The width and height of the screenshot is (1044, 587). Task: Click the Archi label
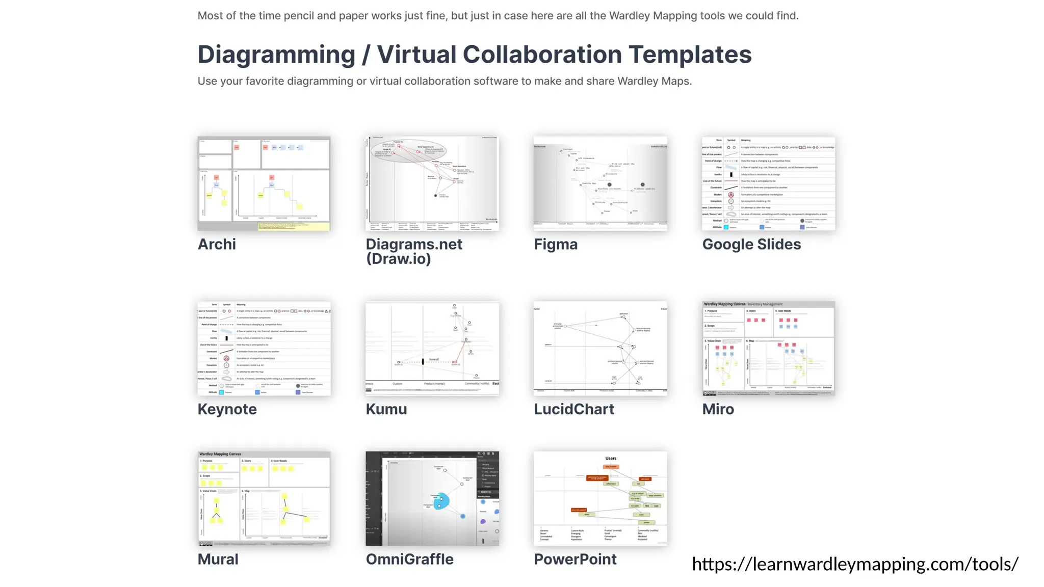pyautogui.click(x=217, y=245)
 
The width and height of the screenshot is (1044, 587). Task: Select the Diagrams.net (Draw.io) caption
pyautogui.click(x=414, y=251)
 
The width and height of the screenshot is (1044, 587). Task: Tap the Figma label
pyautogui.click(x=556, y=245)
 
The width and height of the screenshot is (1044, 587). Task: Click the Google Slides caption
pyautogui.click(x=751, y=245)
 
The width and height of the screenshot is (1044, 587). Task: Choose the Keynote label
pyautogui.click(x=227, y=409)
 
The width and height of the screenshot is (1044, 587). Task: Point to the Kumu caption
pyautogui.click(x=386, y=409)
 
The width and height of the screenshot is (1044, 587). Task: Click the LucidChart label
pyautogui.click(x=574, y=409)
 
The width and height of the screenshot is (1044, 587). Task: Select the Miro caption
pyautogui.click(x=718, y=409)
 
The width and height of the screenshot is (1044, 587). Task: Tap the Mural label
pyautogui.click(x=218, y=559)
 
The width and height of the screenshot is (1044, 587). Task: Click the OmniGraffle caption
pyautogui.click(x=409, y=559)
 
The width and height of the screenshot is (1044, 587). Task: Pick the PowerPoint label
pyautogui.click(x=575, y=559)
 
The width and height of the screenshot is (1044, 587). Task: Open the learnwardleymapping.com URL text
pyautogui.click(x=855, y=564)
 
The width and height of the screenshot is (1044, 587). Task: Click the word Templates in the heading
pyautogui.click(x=690, y=55)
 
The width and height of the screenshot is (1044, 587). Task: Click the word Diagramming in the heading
pyautogui.click(x=276, y=55)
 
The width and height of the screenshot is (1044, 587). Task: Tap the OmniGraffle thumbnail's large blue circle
pyautogui.click(x=441, y=500)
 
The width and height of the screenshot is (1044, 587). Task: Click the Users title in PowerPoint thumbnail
pyautogui.click(x=611, y=458)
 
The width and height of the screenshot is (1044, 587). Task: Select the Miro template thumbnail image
pyautogui.click(x=768, y=349)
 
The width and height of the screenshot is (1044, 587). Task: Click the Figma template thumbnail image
pyautogui.click(x=600, y=183)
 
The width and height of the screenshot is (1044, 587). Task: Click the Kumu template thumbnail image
pyautogui.click(x=432, y=349)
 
